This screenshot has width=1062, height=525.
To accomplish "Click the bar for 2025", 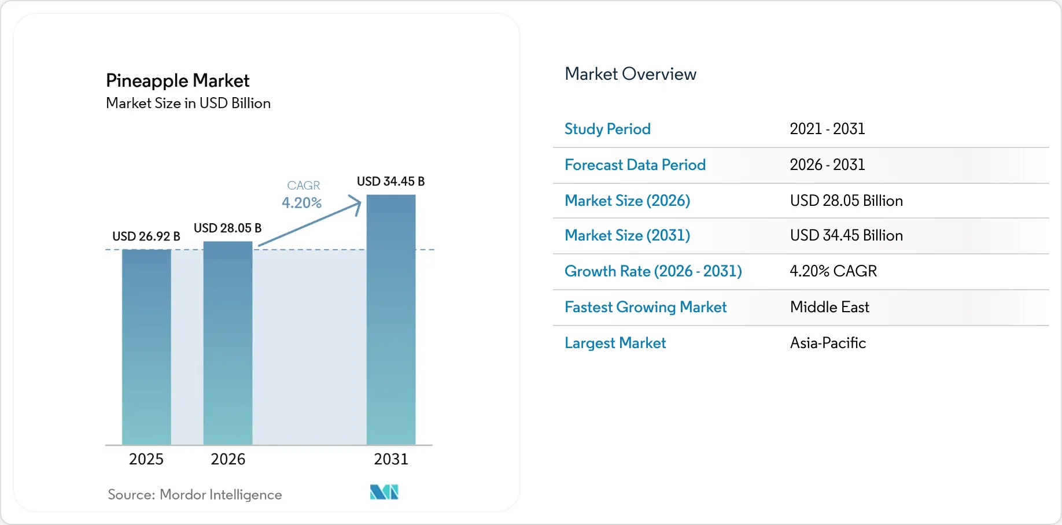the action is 146,347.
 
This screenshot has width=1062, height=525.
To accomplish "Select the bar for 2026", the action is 228,343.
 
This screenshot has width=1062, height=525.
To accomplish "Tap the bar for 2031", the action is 391,320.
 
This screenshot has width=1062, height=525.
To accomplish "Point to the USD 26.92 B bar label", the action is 146,236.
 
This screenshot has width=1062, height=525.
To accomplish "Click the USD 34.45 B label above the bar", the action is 391,182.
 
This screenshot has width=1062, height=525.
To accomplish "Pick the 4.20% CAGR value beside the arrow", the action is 301,203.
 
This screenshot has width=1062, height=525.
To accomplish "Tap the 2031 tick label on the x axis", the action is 391,459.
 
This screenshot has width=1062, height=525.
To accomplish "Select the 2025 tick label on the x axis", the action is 146,459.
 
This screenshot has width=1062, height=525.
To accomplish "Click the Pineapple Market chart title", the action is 178,81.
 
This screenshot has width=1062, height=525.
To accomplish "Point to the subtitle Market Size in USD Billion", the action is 189,103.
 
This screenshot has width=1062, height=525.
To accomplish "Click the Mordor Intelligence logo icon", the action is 384,492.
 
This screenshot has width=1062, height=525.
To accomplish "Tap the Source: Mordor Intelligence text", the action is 195,495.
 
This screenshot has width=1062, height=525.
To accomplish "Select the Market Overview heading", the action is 630,74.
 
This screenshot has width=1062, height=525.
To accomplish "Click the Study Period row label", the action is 607,129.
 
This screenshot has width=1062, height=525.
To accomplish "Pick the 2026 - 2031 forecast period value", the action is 827,165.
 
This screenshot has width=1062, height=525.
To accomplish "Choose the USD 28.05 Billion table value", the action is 846,201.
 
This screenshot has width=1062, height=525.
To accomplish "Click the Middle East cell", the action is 829,307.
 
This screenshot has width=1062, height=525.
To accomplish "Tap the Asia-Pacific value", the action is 828,343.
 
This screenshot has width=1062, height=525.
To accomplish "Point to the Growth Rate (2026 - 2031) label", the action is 653,271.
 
